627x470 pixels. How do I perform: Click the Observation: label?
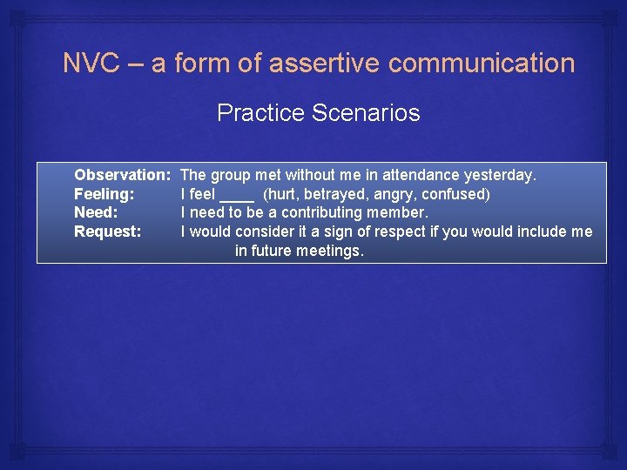[122, 176]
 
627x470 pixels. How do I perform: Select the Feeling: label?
[104, 194]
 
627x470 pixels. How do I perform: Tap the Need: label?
[96, 212]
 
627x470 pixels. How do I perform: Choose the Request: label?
[108, 232]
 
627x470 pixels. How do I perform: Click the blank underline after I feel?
[237, 195]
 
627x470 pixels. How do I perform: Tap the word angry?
[394, 194]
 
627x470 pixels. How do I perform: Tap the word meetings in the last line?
[331, 251]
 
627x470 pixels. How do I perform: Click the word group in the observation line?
[231, 176]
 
